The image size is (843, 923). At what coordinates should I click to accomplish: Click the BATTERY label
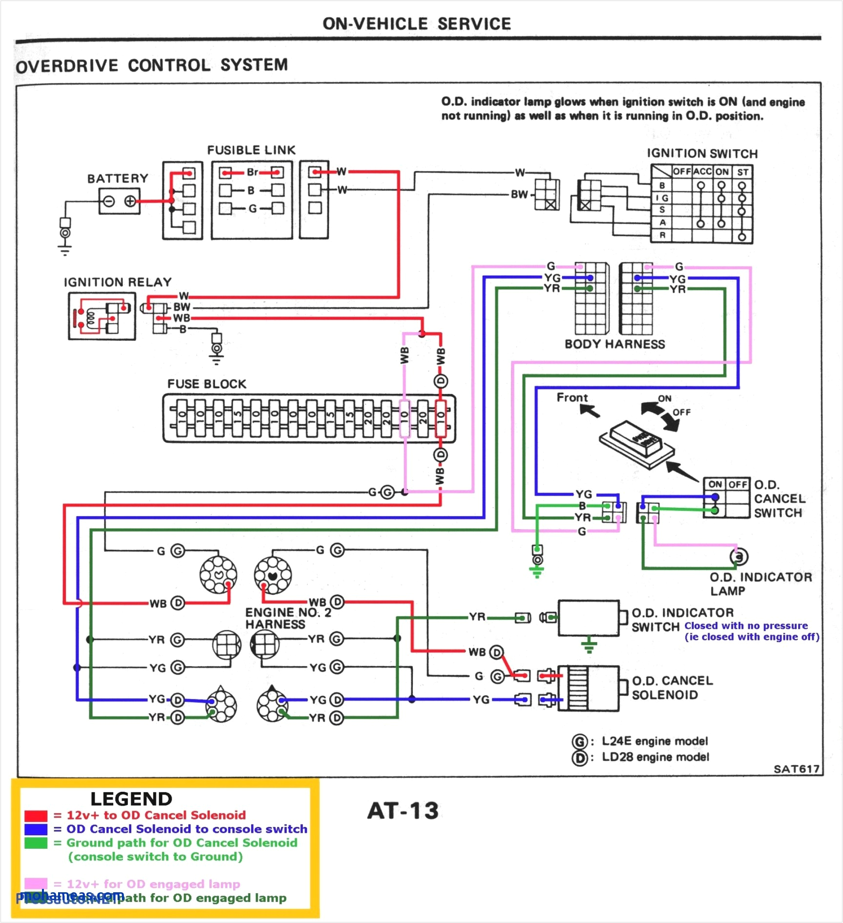click(118, 179)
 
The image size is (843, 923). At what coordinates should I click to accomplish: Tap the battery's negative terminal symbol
click(109, 201)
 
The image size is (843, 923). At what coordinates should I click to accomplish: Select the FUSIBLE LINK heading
click(251, 150)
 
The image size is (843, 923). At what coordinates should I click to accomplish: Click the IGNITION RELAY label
click(118, 282)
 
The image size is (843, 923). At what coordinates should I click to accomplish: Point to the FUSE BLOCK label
click(207, 384)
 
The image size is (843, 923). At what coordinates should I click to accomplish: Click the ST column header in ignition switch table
click(743, 172)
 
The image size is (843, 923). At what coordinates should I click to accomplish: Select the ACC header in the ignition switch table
click(702, 172)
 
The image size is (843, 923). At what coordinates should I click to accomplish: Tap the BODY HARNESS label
click(615, 344)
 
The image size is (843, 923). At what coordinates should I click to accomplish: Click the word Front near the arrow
click(572, 398)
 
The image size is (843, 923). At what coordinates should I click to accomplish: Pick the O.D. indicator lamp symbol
click(739, 557)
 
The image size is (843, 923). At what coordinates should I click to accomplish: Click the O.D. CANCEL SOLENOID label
click(672, 687)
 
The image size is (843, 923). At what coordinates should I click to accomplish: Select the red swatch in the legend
click(36, 816)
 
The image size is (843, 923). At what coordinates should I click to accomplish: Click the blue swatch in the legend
click(36, 829)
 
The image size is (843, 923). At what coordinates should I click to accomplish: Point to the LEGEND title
click(131, 799)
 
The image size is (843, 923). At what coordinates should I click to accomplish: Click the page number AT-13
click(403, 811)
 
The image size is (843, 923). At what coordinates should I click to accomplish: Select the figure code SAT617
click(796, 769)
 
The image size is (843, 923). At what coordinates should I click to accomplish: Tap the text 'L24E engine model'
click(655, 742)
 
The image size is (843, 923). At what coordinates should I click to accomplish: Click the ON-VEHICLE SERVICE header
click(417, 23)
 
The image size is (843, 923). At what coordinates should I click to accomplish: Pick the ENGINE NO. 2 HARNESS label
click(288, 618)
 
